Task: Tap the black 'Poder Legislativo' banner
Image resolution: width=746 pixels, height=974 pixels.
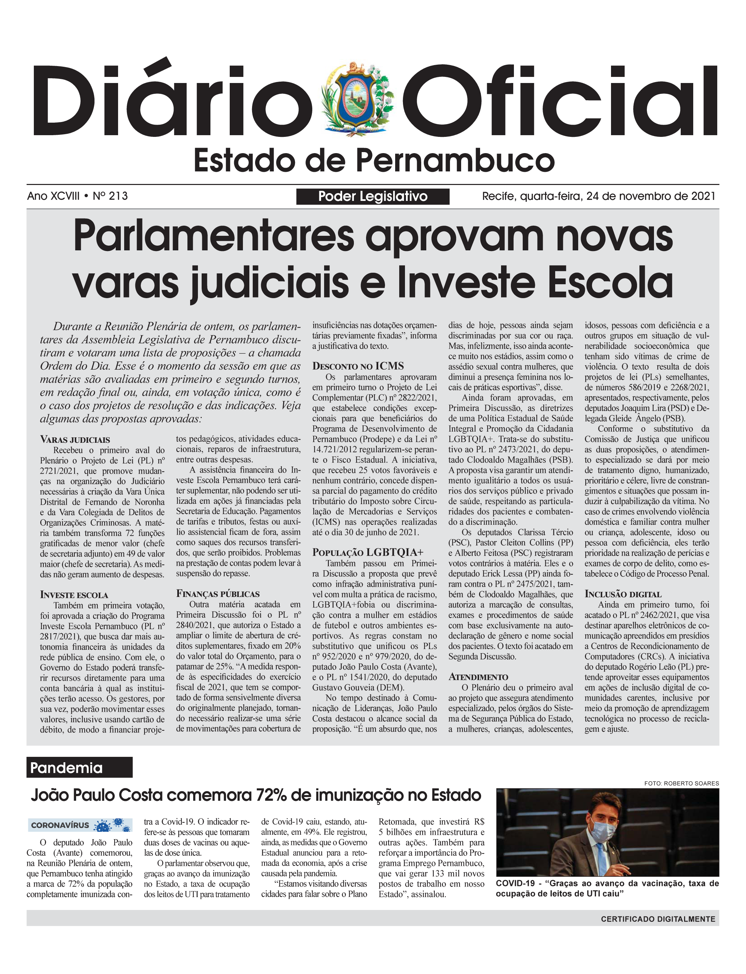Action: [x=372, y=196]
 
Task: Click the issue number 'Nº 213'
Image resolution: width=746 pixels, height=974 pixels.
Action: [x=110, y=196]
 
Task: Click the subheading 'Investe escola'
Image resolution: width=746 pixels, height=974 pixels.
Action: [x=74, y=595]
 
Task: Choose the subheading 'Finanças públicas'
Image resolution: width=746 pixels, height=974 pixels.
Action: [x=218, y=594]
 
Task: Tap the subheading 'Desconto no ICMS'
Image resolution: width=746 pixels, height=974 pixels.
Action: [x=358, y=366]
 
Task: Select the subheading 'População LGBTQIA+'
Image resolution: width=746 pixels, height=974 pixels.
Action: [x=368, y=552]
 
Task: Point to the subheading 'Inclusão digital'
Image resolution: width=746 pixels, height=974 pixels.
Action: [x=623, y=594]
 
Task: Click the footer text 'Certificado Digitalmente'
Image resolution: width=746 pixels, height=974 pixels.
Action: [x=658, y=919]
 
